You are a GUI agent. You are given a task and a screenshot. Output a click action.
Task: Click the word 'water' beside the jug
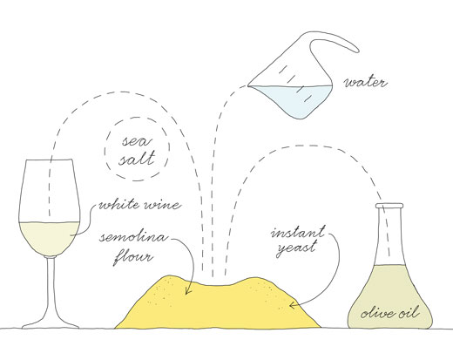pyautogui.click(x=366, y=83)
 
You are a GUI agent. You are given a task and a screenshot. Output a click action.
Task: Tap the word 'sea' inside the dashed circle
pyautogui.click(x=137, y=141)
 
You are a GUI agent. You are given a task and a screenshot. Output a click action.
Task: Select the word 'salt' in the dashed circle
pyautogui.click(x=137, y=159)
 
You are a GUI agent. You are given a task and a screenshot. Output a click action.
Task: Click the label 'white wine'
pyautogui.click(x=140, y=205)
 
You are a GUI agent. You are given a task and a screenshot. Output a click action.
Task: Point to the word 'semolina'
pyautogui.click(x=133, y=237)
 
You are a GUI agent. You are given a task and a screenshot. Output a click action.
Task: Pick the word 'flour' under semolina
pyautogui.click(x=132, y=257)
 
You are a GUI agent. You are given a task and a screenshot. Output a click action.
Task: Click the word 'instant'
pyautogui.click(x=297, y=232)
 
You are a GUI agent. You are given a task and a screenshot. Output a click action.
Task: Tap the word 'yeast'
pyautogui.click(x=296, y=249)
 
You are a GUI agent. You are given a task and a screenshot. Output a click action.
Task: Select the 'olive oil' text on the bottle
pyautogui.click(x=390, y=313)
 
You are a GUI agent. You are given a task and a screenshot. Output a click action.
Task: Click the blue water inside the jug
pyautogui.click(x=294, y=98)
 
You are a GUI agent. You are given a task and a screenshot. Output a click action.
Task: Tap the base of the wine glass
pyautogui.click(x=51, y=323)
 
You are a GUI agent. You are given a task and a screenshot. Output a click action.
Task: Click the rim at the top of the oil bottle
pyautogui.click(x=389, y=206)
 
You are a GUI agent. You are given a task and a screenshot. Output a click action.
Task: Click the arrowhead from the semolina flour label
pyautogui.click(x=187, y=290)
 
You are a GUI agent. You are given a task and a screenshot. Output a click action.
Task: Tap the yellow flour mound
pyautogui.click(x=218, y=305)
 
